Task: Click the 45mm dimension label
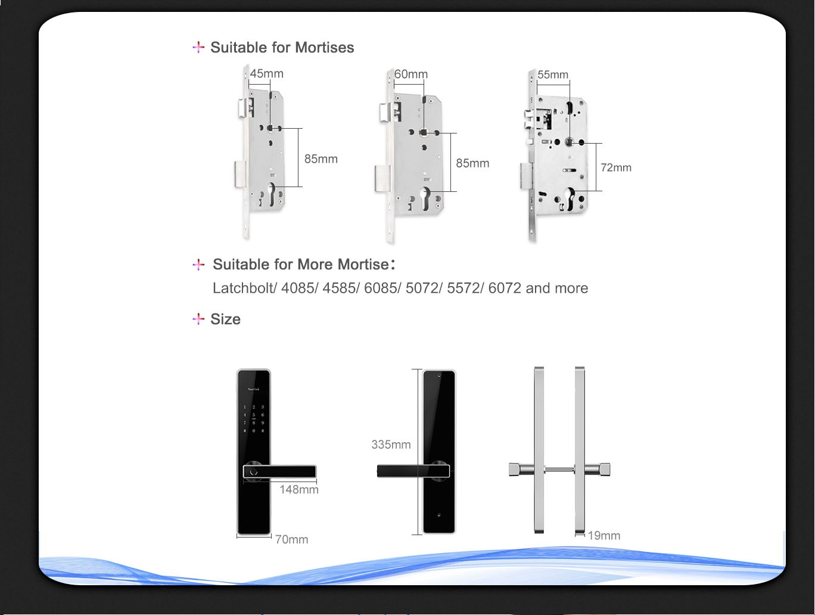[x=266, y=74]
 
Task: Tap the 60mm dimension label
[x=411, y=74]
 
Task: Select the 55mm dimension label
[x=553, y=75]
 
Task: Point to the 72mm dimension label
[x=615, y=167]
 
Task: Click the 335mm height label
[x=391, y=445]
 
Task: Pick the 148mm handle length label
[x=299, y=490]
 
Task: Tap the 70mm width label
[x=291, y=540]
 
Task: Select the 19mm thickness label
[x=604, y=536]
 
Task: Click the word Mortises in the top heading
[x=325, y=48]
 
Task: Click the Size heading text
[x=225, y=319]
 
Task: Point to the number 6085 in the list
[x=381, y=288]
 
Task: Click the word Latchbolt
[x=244, y=288]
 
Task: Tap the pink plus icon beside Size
[x=198, y=319]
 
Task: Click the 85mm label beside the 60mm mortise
[x=472, y=163]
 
